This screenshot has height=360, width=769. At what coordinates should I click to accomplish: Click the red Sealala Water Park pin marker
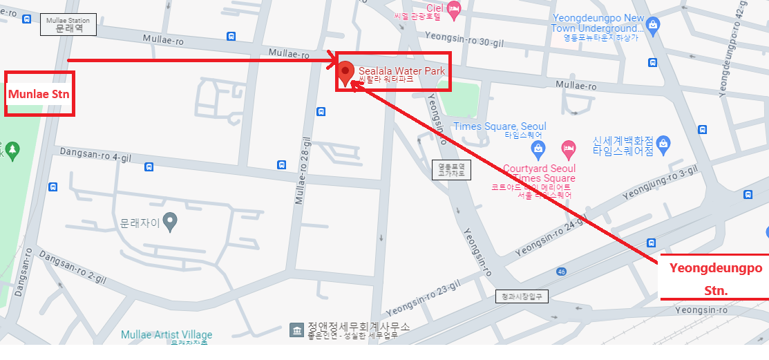point(345,72)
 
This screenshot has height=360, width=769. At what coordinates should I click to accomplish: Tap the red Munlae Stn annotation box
point(39,93)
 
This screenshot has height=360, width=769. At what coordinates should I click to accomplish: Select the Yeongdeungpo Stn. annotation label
point(715,278)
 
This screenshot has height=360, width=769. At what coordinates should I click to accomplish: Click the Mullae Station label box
point(68,26)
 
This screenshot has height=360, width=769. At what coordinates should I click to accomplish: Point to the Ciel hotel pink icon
point(453,10)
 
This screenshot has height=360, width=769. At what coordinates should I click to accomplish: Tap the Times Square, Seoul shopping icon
point(537,148)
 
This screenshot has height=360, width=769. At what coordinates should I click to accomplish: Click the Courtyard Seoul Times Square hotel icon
point(568,147)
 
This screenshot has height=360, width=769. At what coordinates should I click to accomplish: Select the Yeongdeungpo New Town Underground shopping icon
point(653,26)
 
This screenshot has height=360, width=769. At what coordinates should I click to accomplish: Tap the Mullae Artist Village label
point(167,335)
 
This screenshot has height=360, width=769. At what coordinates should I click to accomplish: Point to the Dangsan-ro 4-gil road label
point(95,154)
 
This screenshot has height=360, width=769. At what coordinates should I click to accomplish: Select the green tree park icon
point(12,149)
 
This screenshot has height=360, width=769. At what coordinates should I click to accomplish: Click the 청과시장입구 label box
point(522,296)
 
